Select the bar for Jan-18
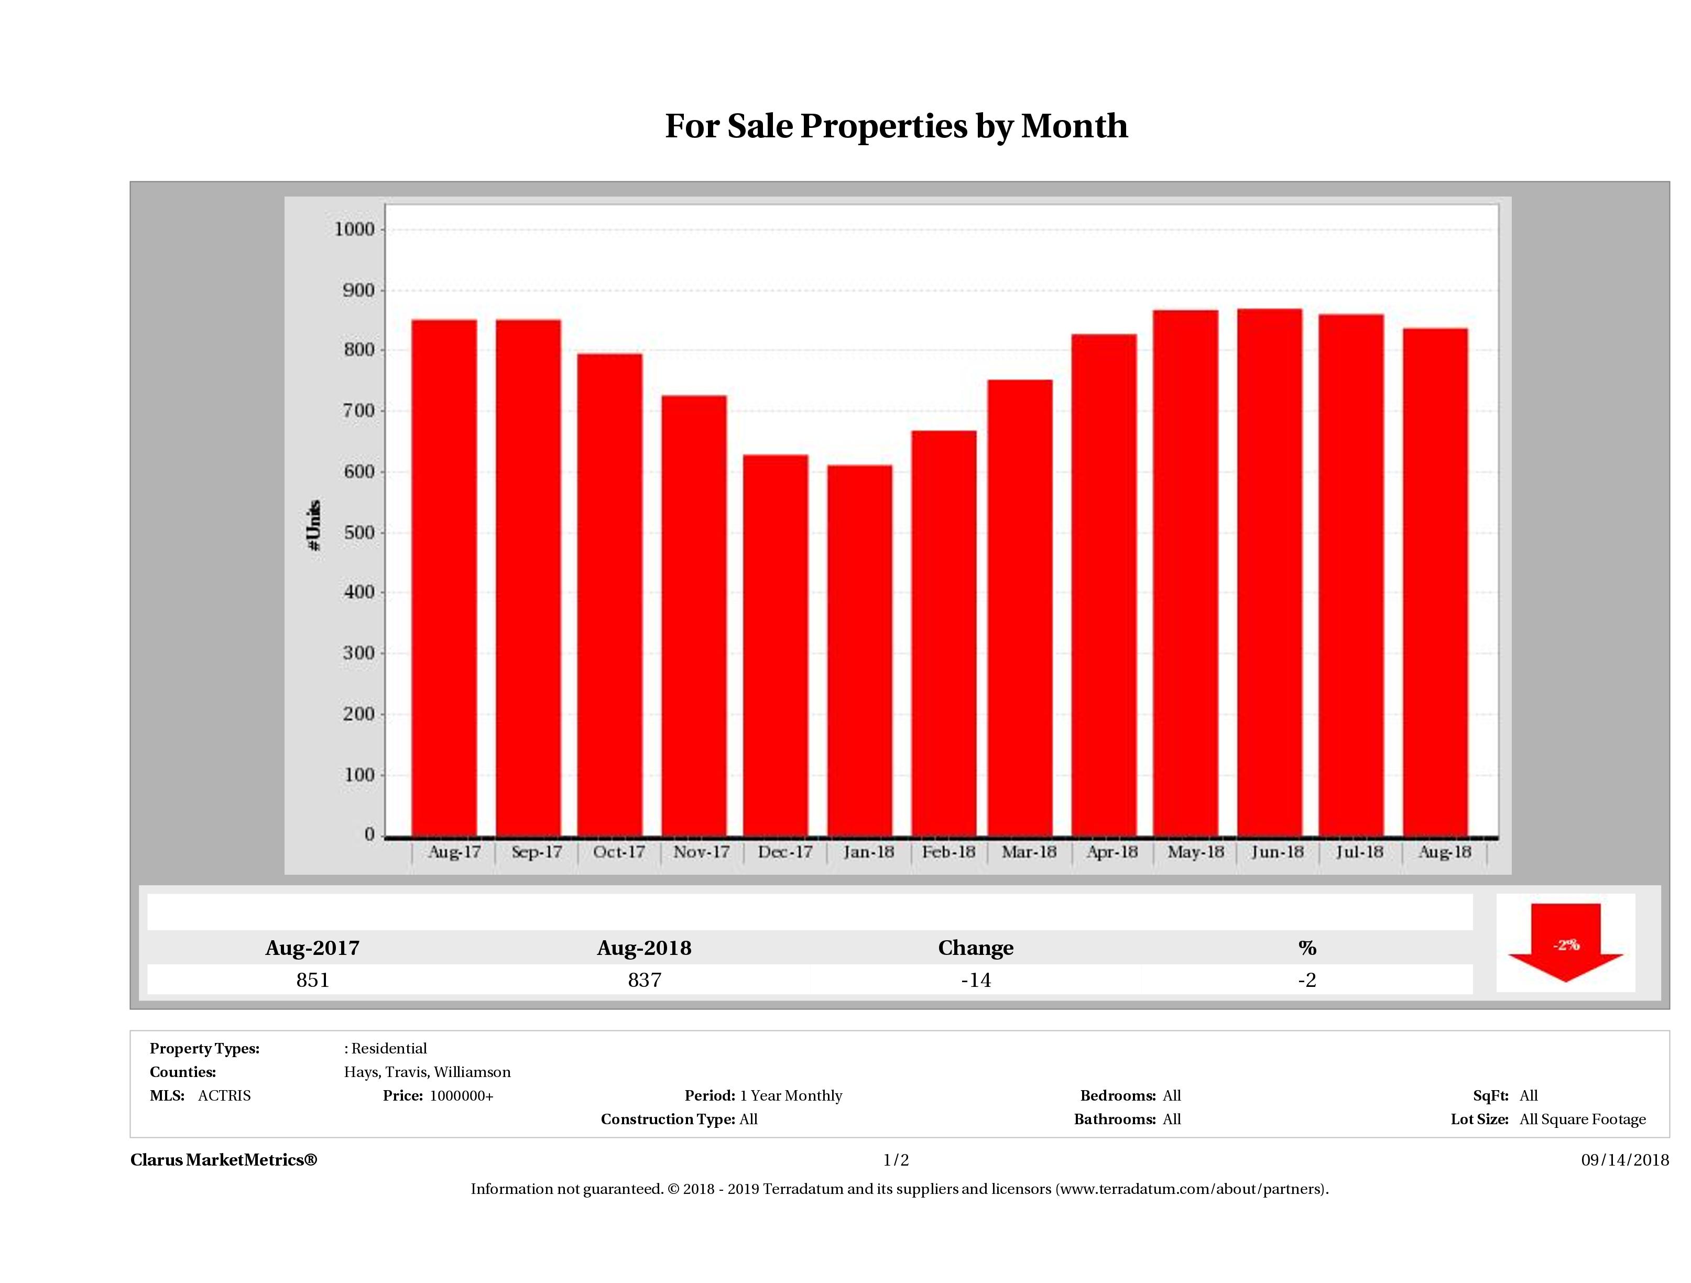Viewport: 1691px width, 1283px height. tap(859, 650)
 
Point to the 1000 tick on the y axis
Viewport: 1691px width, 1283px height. tap(355, 230)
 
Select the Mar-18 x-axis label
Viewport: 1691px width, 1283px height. tap(1029, 852)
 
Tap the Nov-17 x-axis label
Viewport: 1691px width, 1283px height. tap(701, 852)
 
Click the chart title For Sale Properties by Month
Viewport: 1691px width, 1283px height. tap(896, 126)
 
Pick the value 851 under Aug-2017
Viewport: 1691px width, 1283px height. tap(313, 980)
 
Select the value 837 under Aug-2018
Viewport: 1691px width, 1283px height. tap(645, 980)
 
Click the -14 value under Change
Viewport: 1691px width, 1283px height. tap(976, 980)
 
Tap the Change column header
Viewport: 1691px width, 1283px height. tap(976, 948)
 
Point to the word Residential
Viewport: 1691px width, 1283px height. tap(389, 1048)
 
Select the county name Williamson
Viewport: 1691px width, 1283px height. tap(473, 1072)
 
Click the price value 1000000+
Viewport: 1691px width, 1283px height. tap(462, 1096)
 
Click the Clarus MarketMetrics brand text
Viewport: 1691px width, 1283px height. tap(223, 1160)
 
